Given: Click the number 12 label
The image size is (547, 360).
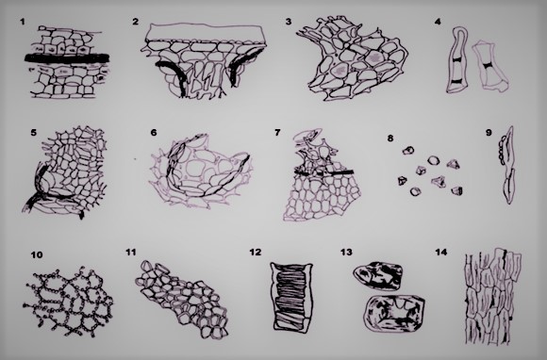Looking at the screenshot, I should coord(255,252).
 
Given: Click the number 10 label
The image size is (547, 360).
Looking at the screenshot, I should coord(37,254).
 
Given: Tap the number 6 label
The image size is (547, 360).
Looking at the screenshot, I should coord(153,132).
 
